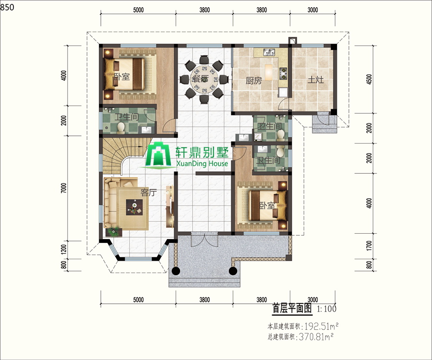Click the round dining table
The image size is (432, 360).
[x=204, y=80]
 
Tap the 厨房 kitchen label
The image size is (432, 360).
[x=253, y=81]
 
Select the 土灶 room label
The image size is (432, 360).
[x=315, y=80]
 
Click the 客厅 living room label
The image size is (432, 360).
[x=148, y=192]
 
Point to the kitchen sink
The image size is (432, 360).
[x=269, y=51]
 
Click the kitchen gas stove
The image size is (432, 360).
[x=283, y=73]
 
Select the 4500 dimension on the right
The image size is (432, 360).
[x=369, y=79]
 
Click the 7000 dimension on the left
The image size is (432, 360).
[x=64, y=188]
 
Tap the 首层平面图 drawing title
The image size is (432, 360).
[x=292, y=308]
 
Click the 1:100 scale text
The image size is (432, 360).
[x=327, y=309]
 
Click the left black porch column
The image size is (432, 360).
[x=176, y=271]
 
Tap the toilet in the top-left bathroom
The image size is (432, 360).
[x=120, y=128]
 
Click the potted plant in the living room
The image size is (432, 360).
[x=114, y=231]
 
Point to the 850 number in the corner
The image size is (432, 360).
[x=7, y=7]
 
